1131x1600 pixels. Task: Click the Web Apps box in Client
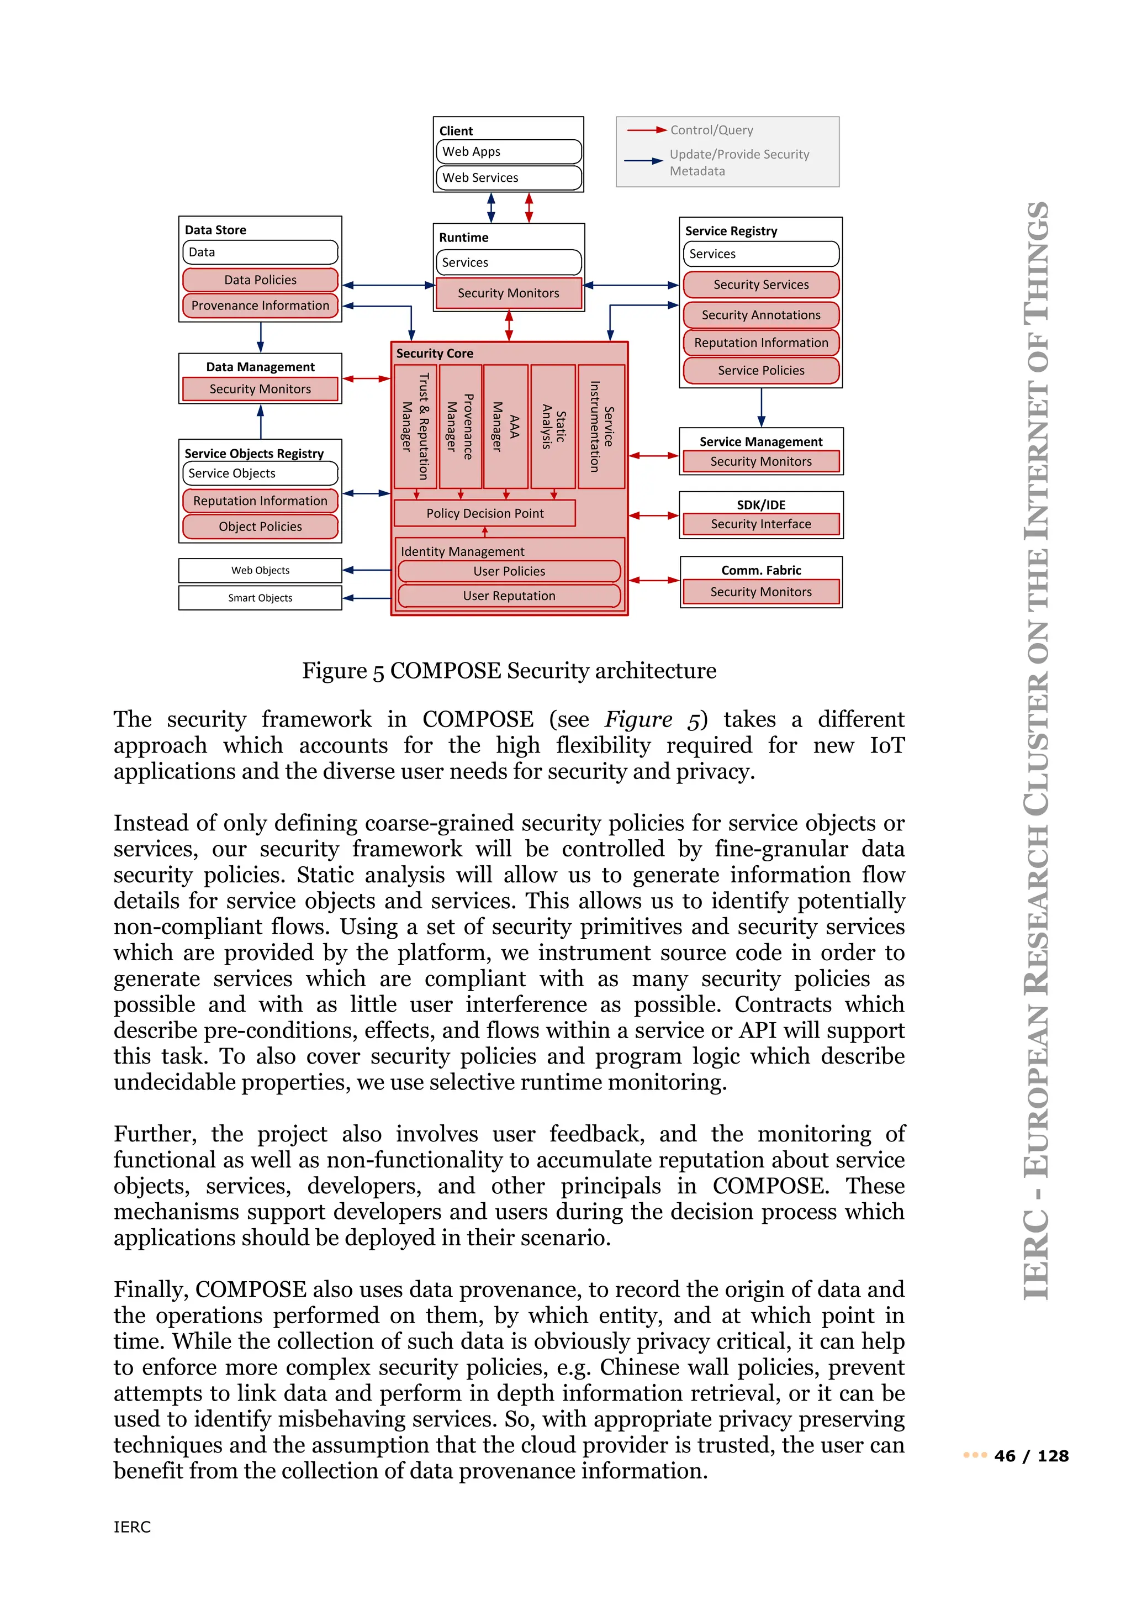(x=509, y=151)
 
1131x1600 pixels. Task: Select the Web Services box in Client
(x=509, y=178)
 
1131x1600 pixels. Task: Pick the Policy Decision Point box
(x=485, y=513)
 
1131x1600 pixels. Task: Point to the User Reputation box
(x=509, y=596)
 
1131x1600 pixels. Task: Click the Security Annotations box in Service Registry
(x=760, y=315)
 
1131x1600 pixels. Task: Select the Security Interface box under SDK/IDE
(x=760, y=524)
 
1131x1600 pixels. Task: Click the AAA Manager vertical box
(x=506, y=427)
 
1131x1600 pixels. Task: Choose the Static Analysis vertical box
(x=553, y=427)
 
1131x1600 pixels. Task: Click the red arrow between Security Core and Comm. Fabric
(x=654, y=580)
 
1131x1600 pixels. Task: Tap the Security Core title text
(x=435, y=353)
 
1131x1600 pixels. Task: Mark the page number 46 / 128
(x=1030, y=1456)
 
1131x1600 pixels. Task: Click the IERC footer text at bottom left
(x=133, y=1527)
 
